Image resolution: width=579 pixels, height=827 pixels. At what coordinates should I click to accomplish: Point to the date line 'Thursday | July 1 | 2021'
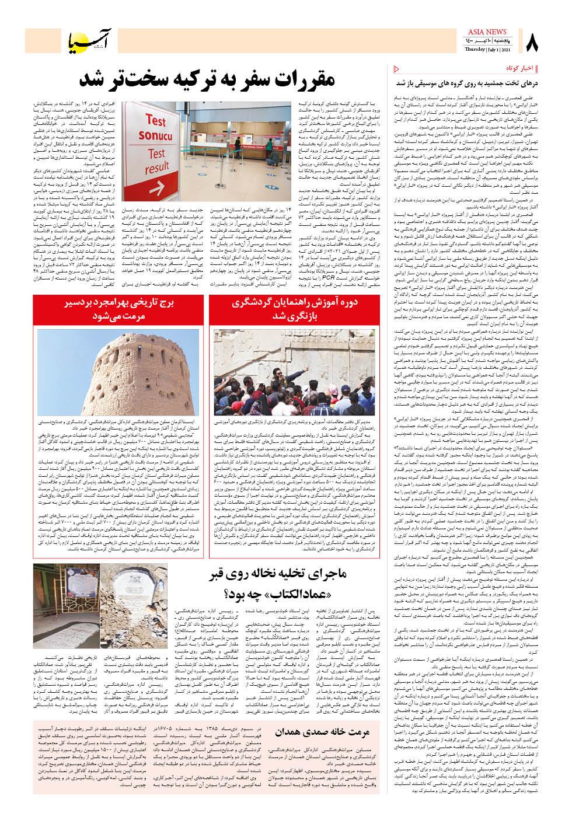(484, 50)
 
